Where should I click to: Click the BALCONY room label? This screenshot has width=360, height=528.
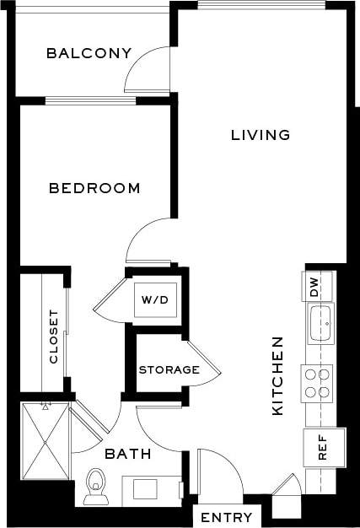click(89, 54)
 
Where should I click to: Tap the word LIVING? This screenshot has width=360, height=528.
click(261, 135)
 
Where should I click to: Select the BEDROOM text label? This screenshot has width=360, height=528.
click(94, 188)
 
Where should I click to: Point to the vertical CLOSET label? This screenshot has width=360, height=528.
click(54, 337)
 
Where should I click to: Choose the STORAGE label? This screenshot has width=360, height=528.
click(169, 369)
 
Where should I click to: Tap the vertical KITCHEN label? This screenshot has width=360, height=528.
click(277, 376)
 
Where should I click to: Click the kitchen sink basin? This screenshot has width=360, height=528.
click(320, 324)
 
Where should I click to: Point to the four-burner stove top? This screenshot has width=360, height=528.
click(318, 383)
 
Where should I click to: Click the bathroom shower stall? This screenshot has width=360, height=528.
click(46, 439)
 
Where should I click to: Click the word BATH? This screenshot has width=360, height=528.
click(128, 454)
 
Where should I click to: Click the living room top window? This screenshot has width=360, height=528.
click(261, 5)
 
